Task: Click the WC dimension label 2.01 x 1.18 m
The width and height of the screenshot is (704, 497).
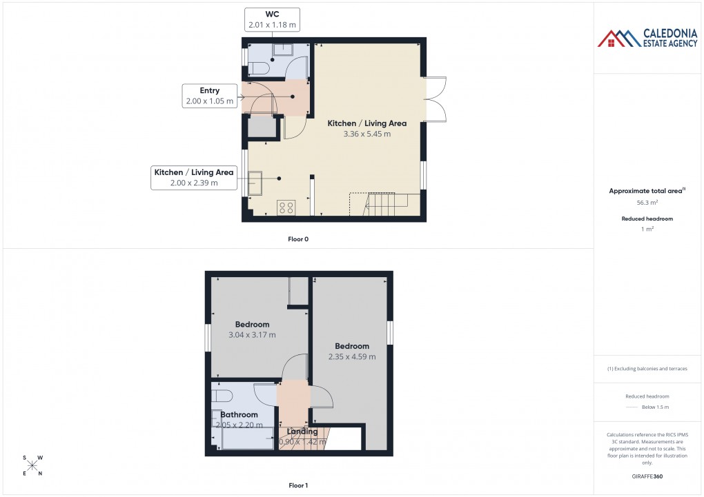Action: point(272,25)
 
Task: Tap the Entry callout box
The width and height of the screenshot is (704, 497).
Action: point(209,96)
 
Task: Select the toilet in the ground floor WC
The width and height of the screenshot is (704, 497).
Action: point(258,68)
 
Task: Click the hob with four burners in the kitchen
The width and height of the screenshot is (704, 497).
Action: point(286,207)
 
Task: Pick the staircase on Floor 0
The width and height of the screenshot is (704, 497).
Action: point(387,204)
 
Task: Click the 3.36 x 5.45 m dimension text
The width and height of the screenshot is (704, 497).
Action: point(366,134)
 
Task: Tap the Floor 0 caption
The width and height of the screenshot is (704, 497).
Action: point(298,239)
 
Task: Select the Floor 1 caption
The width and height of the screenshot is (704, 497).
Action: point(298,485)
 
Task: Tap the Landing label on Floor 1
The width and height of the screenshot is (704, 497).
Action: point(302,432)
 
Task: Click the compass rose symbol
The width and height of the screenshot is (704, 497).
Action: point(32,465)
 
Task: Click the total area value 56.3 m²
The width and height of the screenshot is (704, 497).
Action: point(646,203)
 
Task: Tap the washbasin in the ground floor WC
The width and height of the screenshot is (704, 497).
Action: point(283,50)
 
